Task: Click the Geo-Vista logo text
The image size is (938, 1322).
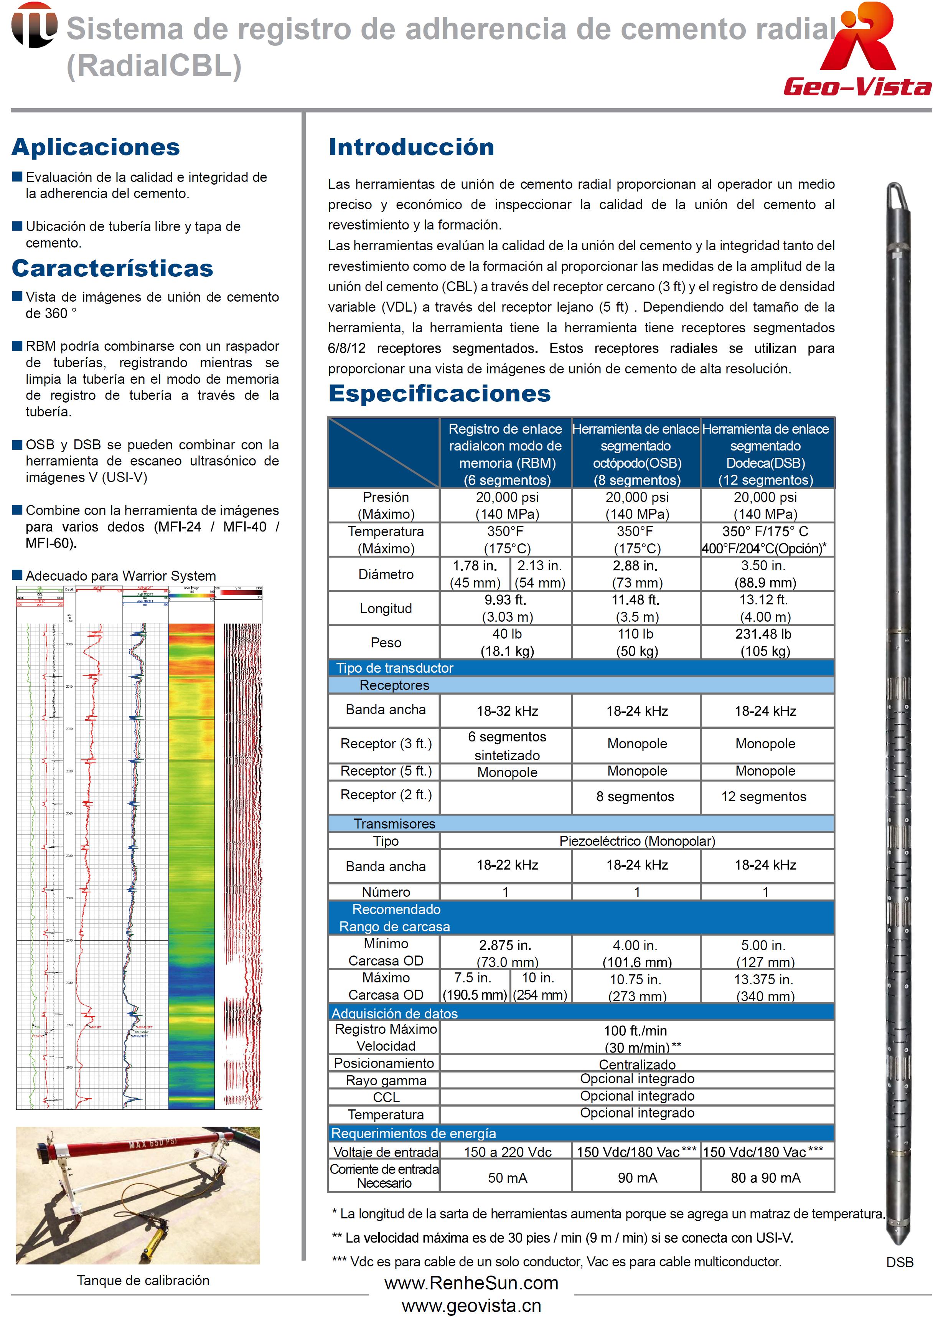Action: pyautogui.click(x=857, y=87)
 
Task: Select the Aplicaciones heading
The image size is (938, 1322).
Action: pyautogui.click(x=96, y=147)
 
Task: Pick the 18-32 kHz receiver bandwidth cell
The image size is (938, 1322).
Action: pyautogui.click(x=507, y=711)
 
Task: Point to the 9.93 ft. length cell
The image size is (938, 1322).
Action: pyautogui.click(x=507, y=608)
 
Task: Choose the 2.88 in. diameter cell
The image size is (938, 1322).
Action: pyautogui.click(x=636, y=574)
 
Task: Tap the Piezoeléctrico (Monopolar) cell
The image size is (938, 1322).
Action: pyautogui.click(x=636, y=841)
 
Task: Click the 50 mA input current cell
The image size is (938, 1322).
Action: pyautogui.click(x=507, y=1178)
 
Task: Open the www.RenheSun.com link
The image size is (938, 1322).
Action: pyautogui.click(x=471, y=1283)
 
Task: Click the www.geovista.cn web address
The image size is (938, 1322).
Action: pyautogui.click(x=471, y=1306)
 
